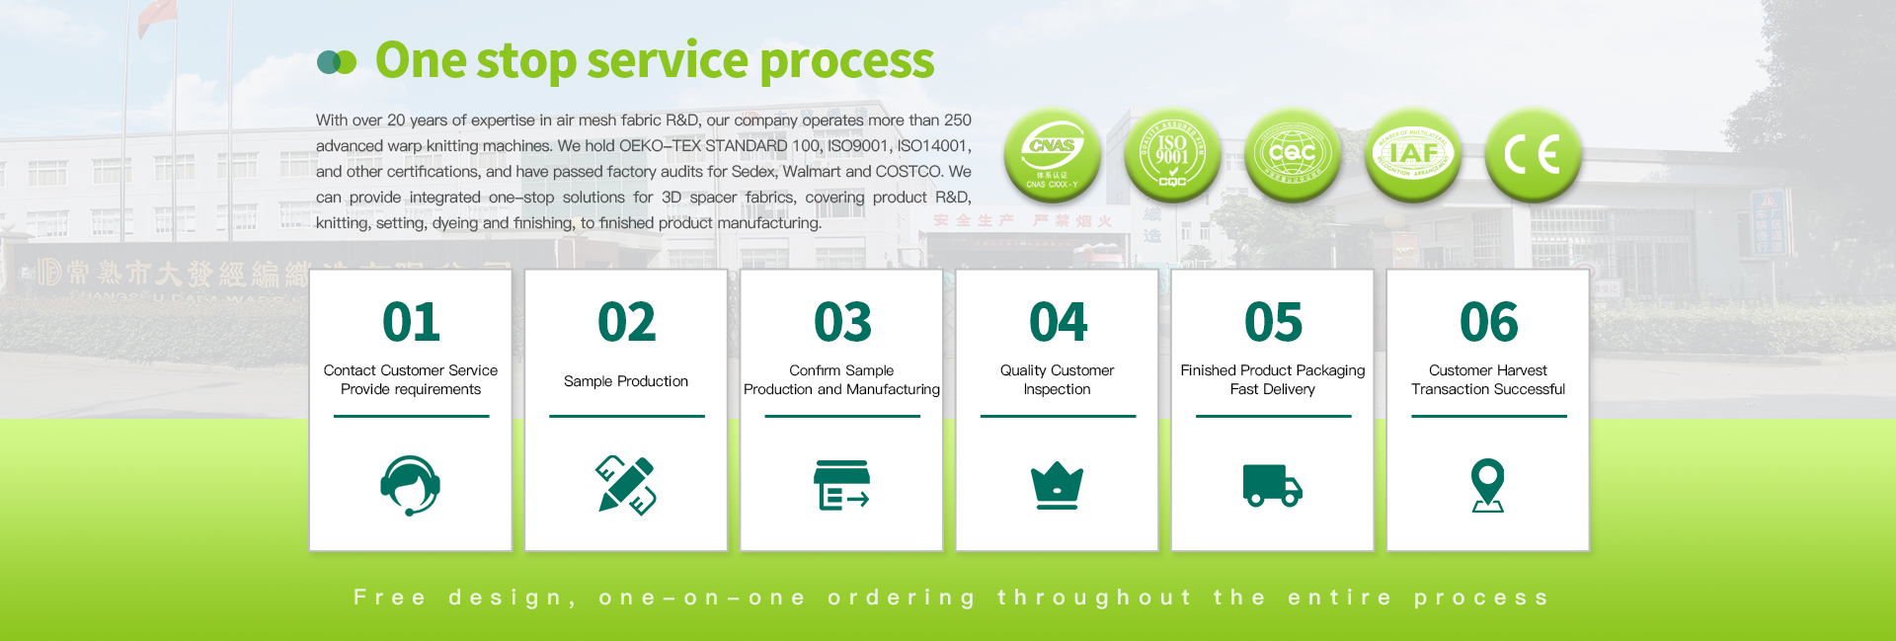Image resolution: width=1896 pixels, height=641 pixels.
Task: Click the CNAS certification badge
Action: [x=1053, y=154]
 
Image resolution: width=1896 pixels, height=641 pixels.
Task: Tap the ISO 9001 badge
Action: [x=1172, y=154]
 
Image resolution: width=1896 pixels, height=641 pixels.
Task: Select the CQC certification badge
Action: [x=1293, y=154]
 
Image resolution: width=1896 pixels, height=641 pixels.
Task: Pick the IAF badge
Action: [x=1413, y=154]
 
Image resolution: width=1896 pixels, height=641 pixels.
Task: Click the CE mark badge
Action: [x=1533, y=154]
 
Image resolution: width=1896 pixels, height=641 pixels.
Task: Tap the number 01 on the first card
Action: [x=411, y=323]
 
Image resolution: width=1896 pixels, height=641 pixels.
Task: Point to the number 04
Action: [x=1058, y=323]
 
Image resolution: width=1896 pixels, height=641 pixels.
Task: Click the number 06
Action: [x=1488, y=323]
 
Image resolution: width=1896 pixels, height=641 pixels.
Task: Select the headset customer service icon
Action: [x=411, y=485]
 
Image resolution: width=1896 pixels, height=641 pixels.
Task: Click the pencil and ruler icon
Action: [x=626, y=485]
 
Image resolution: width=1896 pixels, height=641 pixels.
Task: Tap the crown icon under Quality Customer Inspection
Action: [x=1057, y=485]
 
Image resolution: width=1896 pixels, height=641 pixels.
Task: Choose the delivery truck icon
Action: [x=1272, y=485]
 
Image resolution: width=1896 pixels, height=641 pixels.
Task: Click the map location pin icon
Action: [x=1487, y=485]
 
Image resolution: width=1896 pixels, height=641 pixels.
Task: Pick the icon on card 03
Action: [x=841, y=485]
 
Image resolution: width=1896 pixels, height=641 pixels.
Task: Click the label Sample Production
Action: [x=626, y=381]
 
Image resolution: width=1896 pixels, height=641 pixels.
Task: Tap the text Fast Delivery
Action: [x=1272, y=390]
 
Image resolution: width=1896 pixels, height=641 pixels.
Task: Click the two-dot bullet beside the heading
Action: [x=336, y=63]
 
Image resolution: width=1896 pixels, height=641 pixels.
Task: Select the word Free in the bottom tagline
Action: [x=390, y=598]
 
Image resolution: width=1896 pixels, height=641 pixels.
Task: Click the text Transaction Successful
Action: [x=1488, y=390]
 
